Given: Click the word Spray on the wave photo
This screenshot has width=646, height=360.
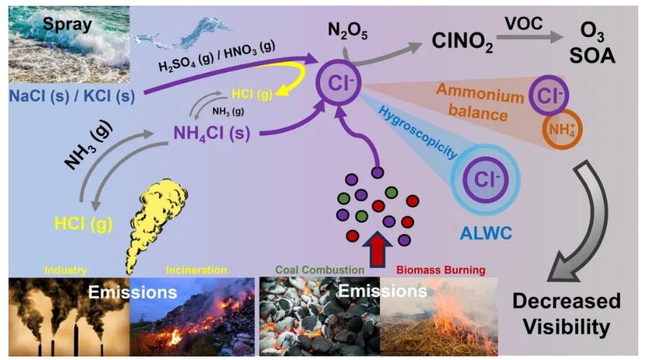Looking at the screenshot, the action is pos(67,25).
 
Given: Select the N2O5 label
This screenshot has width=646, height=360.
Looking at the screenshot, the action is pos(348,31).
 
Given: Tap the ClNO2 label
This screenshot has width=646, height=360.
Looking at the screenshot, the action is pos(462,41).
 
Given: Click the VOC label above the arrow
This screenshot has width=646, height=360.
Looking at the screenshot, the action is pos(524,24).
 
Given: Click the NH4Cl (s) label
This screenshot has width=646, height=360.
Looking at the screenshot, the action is pos(212,134).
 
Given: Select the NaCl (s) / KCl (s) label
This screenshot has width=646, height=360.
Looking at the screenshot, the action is pos(72,96).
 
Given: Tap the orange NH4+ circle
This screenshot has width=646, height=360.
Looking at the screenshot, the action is pos(563,129).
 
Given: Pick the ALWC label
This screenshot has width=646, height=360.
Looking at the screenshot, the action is pos(486,233).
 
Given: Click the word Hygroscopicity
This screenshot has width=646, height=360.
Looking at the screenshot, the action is pos(417,132).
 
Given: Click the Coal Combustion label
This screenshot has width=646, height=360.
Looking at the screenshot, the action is pos(320,270).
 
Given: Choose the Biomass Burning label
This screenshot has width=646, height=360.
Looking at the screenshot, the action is pos(441,270).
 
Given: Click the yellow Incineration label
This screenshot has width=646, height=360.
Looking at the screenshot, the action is pos(196,270).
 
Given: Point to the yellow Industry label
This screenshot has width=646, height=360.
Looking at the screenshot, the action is pos(66,270).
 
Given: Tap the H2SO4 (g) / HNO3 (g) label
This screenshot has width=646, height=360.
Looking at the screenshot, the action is pos(217,56).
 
